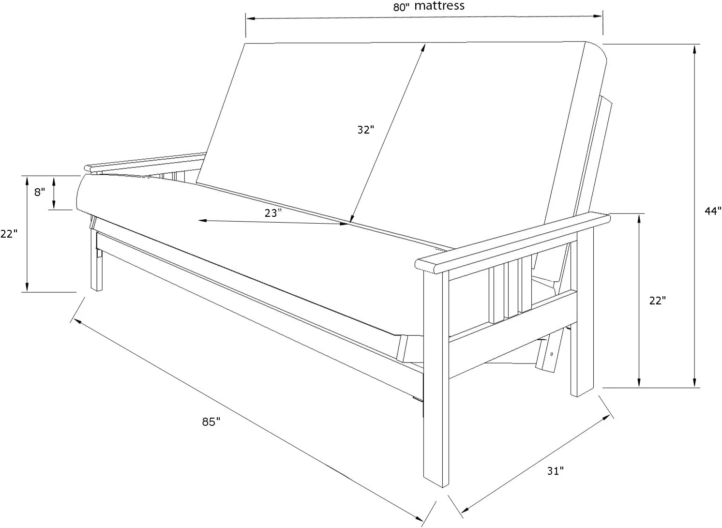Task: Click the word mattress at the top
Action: coord(439,6)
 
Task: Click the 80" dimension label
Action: coord(401,7)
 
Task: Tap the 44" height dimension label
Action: coord(712,211)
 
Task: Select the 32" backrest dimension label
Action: coord(366,130)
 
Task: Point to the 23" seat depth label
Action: coord(273,212)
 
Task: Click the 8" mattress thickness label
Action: coord(40,192)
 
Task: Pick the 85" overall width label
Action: coord(211,422)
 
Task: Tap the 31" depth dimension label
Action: coord(556,470)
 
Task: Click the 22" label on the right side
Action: coord(658,301)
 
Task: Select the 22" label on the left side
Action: coord(9,234)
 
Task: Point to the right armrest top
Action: coord(513,240)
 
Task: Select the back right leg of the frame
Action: coord(582,339)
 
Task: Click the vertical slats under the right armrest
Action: coord(510,290)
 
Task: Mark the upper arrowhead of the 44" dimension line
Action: coord(695,48)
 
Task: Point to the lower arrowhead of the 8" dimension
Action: coord(54,206)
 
